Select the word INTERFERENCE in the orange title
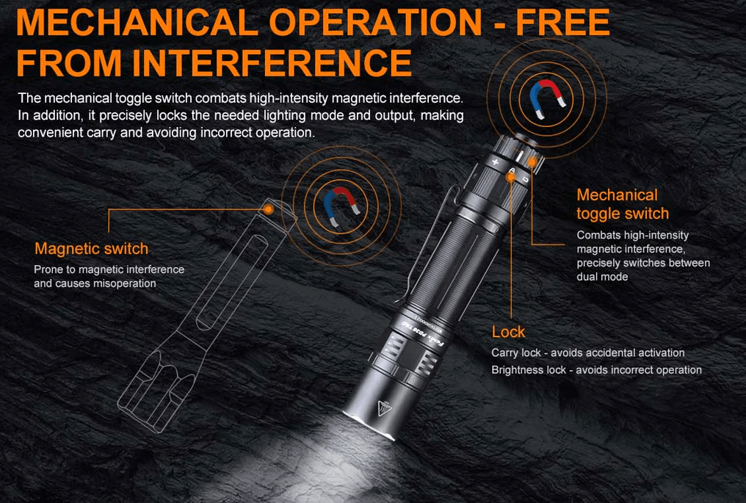tap(272, 62)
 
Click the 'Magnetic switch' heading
tap(91, 248)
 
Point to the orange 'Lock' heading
tap(508, 332)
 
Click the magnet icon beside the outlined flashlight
tap(341, 206)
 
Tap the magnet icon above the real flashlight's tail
tap(548, 99)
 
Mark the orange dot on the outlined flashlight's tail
tap(269, 209)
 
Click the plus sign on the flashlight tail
tap(496, 162)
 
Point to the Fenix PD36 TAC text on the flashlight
tap(421, 334)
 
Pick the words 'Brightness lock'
tap(529, 370)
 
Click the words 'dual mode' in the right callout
tap(602, 277)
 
